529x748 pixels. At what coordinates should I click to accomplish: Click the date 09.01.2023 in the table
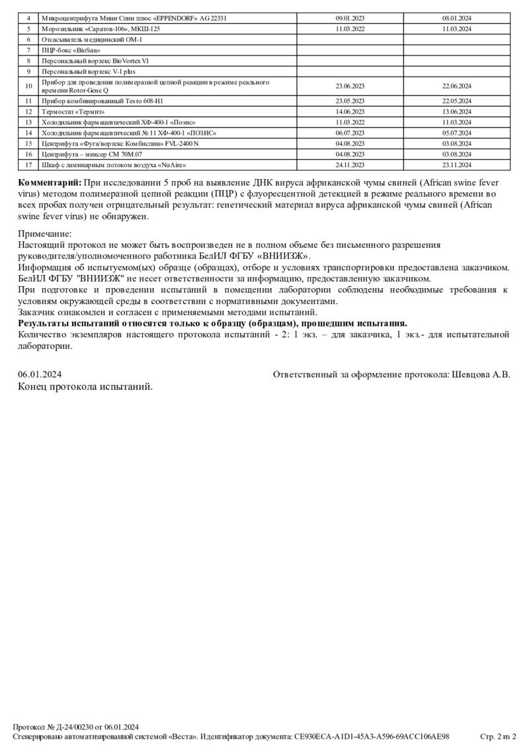pyautogui.click(x=350, y=19)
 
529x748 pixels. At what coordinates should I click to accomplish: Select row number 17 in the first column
pyautogui.click(x=28, y=165)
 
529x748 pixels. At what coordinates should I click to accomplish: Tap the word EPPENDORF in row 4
pyautogui.click(x=171, y=19)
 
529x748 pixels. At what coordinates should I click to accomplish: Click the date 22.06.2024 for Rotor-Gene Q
pyautogui.click(x=456, y=86)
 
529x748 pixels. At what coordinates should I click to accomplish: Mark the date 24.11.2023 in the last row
pyautogui.click(x=350, y=165)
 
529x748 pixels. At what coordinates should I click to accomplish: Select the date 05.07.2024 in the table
pyautogui.click(x=456, y=133)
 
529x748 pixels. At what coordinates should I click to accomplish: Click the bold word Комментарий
pyautogui.click(x=50, y=182)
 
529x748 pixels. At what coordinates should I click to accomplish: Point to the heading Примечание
pyautogui.click(x=44, y=233)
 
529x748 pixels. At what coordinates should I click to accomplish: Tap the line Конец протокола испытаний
pyautogui.click(x=85, y=387)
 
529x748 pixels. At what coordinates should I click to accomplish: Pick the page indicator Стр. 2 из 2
pyautogui.click(x=497, y=736)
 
